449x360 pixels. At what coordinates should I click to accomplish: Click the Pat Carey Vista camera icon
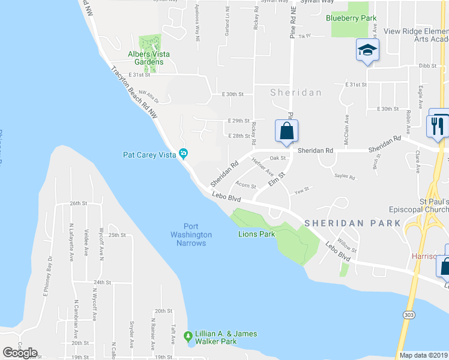184,154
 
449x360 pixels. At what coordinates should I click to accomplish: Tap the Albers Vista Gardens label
149,58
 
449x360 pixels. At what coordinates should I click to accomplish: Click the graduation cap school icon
367,50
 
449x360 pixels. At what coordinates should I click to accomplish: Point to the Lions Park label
257,234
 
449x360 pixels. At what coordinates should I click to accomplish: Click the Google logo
20,352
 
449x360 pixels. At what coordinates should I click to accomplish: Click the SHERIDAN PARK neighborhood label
352,223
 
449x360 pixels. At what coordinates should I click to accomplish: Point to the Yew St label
301,191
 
